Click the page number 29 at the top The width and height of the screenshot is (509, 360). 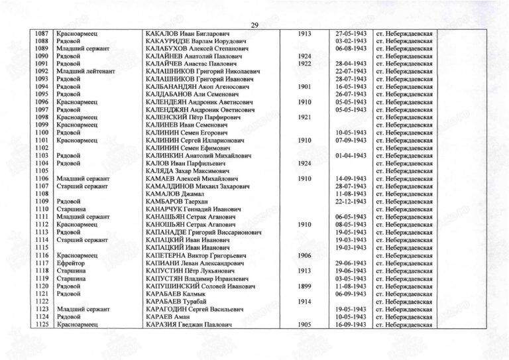[x=254, y=25]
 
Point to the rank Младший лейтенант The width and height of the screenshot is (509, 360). [x=84, y=72]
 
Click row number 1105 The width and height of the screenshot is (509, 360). [x=42, y=171]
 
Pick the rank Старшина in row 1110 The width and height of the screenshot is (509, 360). [x=70, y=210]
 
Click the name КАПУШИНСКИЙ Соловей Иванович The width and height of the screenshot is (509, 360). [x=199, y=286]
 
